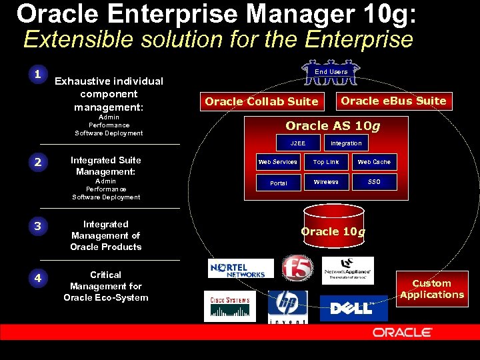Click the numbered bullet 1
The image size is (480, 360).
pos(38,74)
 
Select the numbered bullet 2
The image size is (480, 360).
pos(38,163)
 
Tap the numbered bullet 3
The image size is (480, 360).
pos(38,227)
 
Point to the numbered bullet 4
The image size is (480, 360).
pos(38,277)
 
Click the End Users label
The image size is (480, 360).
pos(331,71)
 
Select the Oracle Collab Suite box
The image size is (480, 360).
pos(261,101)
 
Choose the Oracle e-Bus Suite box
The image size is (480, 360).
pos(393,101)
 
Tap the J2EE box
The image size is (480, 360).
pos(297,143)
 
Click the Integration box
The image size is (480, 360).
pos(346,143)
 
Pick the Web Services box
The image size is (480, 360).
pos(277,162)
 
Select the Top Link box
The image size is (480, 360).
pos(326,162)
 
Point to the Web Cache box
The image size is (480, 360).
pos(374,162)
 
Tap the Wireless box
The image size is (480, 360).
pos(326,182)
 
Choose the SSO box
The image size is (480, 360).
pos(374,182)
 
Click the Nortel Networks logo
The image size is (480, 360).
pos(241,269)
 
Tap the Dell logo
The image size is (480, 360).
pos(358,308)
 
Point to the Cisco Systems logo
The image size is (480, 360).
pos(229,306)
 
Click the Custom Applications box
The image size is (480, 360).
pos(432,289)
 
